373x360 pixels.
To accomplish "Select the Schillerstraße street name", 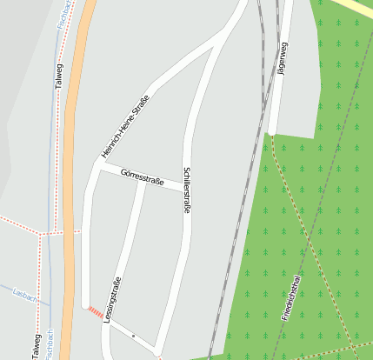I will (186, 190).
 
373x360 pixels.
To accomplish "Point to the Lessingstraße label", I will (111, 300).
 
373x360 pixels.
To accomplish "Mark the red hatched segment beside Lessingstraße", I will (93, 310).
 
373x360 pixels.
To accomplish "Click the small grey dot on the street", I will (133, 335).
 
